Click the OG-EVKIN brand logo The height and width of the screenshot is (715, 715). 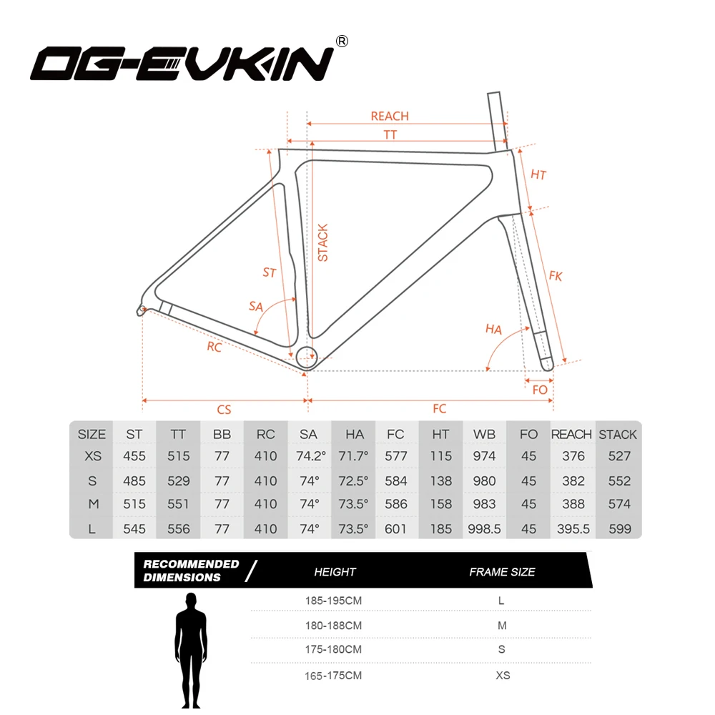pyautogui.click(x=182, y=62)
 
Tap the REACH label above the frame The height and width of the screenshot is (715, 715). pyautogui.click(x=390, y=117)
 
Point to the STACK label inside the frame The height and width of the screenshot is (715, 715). pyautogui.click(x=323, y=243)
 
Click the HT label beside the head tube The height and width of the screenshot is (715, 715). pyautogui.click(x=538, y=174)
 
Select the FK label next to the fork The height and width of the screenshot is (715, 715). pyautogui.click(x=556, y=275)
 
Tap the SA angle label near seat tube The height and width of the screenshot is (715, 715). pyautogui.click(x=255, y=306)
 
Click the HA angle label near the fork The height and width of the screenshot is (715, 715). pyautogui.click(x=493, y=329)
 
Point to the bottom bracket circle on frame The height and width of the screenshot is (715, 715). pyautogui.click(x=307, y=355)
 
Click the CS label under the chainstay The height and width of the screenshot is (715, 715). pyautogui.click(x=224, y=409)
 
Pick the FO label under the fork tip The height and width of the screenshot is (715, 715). pyautogui.click(x=540, y=390)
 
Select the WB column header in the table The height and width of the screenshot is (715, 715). pyautogui.click(x=485, y=435)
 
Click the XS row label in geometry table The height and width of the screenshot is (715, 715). pyautogui.click(x=92, y=456)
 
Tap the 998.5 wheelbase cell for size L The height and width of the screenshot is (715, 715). pyautogui.click(x=485, y=529)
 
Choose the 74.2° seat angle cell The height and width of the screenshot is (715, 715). pyautogui.click(x=310, y=456)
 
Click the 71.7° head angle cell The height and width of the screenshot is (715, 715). pyautogui.click(x=355, y=456)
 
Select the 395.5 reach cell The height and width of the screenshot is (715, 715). pyautogui.click(x=573, y=529)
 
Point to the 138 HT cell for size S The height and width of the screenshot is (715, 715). pyautogui.click(x=441, y=481)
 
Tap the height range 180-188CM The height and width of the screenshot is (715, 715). pyautogui.click(x=334, y=626)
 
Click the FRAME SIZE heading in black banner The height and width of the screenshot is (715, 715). pyautogui.click(x=502, y=572)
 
